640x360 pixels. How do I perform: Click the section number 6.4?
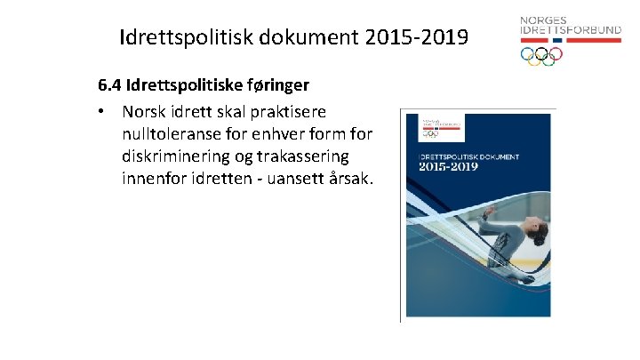click(110, 87)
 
